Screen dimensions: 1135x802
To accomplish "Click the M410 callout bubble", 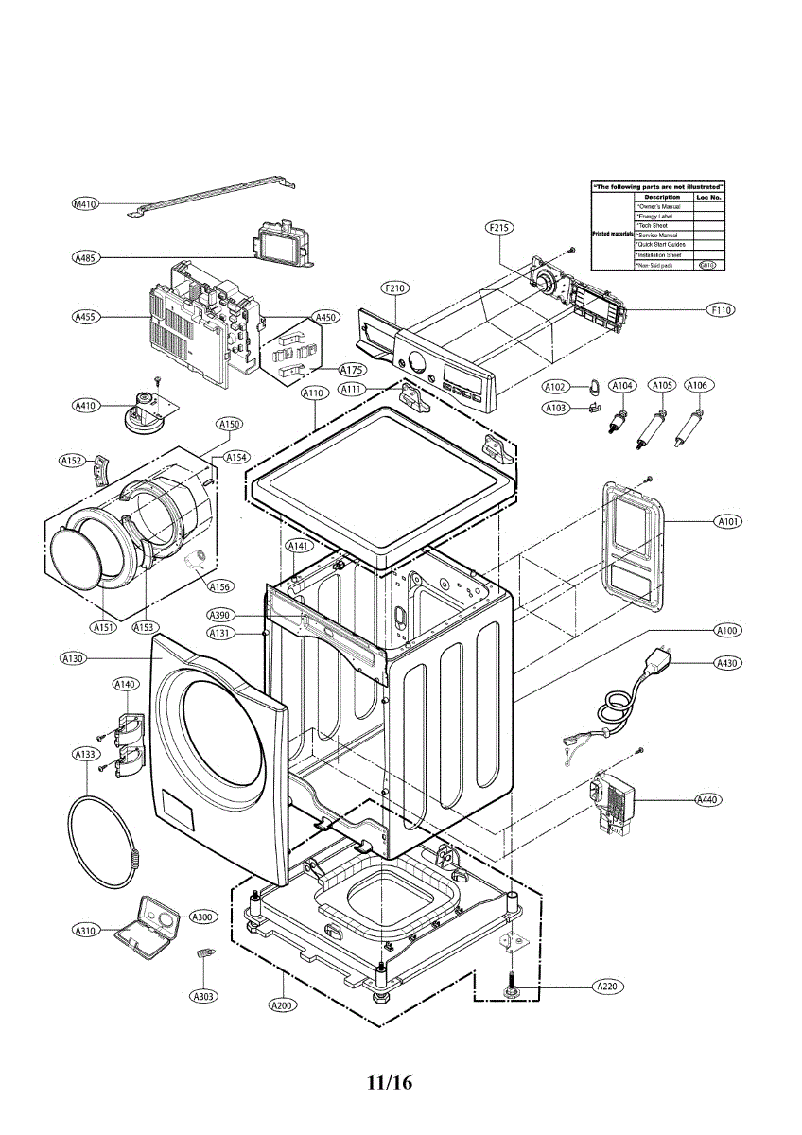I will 86,203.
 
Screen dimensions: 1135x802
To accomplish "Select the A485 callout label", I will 86,256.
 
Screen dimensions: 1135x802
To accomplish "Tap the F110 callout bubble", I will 721,310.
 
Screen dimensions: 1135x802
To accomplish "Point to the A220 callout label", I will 608,987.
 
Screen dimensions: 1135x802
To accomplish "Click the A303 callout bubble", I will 202,996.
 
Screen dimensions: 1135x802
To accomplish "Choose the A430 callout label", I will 726,663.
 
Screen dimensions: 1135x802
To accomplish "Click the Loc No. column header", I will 708,198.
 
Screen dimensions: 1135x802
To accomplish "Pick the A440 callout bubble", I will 706,800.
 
